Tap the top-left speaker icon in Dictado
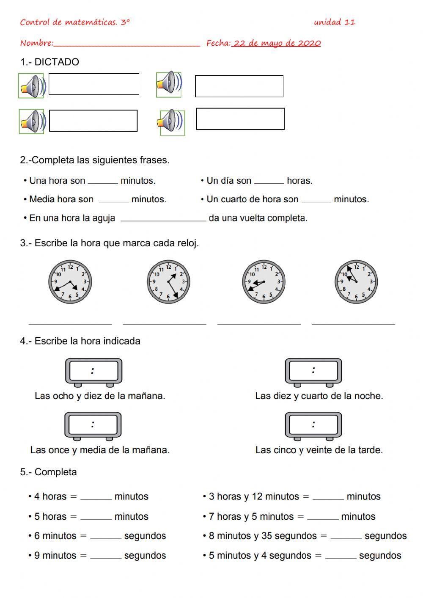pyautogui.click(x=31, y=86)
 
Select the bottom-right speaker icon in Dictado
pyautogui.click(x=172, y=123)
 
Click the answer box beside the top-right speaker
pyautogui.click(x=239, y=86)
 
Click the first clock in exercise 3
pyautogui.click(x=70, y=282)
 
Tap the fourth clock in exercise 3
pyautogui.click(x=356, y=282)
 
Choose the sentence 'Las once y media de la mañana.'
pyautogui.click(x=100, y=450)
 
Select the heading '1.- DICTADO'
pyautogui.click(x=49, y=62)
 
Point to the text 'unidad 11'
pyautogui.click(x=334, y=22)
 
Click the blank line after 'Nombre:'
pyautogui.click(x=127, y=44)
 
